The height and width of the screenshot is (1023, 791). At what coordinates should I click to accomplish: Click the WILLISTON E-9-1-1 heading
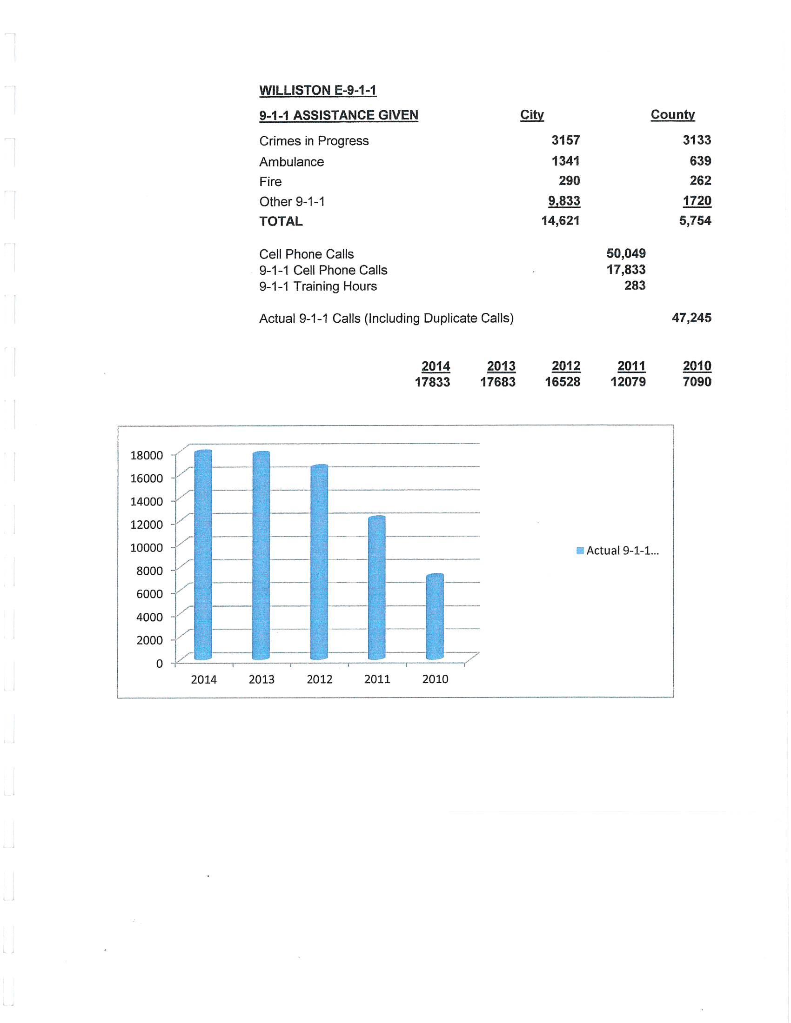[318, 90]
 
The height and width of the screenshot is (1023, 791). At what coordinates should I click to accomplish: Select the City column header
[532, 115]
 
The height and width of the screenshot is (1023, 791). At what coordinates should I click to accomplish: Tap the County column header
[672, 115]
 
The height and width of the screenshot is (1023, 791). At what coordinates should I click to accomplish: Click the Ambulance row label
[291, 162]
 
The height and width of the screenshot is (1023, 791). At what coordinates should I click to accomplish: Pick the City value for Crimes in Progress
[566, 140]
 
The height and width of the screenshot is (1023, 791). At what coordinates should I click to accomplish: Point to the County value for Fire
[700, 181]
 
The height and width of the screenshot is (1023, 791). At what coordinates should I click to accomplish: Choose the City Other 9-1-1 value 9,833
[564, 201]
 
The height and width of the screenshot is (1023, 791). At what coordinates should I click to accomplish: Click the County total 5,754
[695, 220]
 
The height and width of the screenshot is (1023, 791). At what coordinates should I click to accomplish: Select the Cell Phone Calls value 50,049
[625, 253]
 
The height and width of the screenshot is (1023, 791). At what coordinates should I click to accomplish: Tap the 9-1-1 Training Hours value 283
[635, 286]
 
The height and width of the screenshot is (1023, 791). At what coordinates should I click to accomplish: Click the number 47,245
[691, 318]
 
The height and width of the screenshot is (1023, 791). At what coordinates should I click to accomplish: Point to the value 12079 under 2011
[628, 382]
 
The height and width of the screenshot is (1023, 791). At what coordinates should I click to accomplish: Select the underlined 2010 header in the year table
[697, 366]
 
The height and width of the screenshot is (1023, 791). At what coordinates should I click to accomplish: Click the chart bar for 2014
[203, 555]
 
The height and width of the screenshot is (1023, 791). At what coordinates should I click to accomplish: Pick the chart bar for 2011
[377, 588]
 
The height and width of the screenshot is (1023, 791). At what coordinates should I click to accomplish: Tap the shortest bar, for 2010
[435, 617]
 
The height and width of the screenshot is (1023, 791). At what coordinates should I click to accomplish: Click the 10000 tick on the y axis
[147, 548]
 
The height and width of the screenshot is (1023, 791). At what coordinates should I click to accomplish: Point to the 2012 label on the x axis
[319, 679]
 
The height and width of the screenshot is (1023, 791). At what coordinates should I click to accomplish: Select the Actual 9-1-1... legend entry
[617, 551]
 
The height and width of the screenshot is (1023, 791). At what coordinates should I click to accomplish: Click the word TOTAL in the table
[281, 221]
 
